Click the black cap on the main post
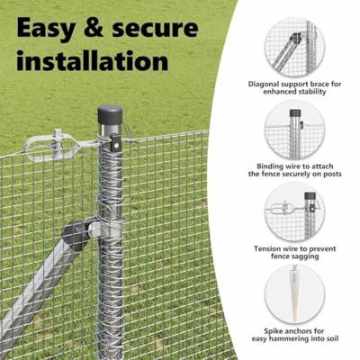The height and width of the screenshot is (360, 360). coord(110,116)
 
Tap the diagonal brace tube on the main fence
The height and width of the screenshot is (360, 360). coord(36,288)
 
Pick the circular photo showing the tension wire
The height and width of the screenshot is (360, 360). coord(295,213)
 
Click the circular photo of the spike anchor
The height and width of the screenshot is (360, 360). coord(295,292)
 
